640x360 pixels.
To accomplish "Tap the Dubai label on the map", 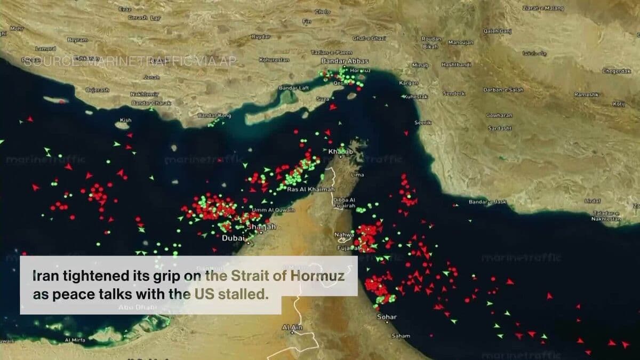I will coord(233,238).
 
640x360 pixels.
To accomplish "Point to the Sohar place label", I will coord(386,317).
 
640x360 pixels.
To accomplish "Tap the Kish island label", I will coord(125,120).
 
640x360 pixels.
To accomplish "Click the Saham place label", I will coord(401,336).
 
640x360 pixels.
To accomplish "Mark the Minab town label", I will coord(420,65).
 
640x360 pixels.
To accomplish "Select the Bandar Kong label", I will coord(214,115).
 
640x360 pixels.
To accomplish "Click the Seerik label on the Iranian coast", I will coord(422,123).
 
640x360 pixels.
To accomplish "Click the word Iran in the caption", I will coord(44,277).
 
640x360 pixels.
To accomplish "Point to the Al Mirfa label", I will coord(75,340).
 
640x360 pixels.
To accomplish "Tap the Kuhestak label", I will coord(415,97).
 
